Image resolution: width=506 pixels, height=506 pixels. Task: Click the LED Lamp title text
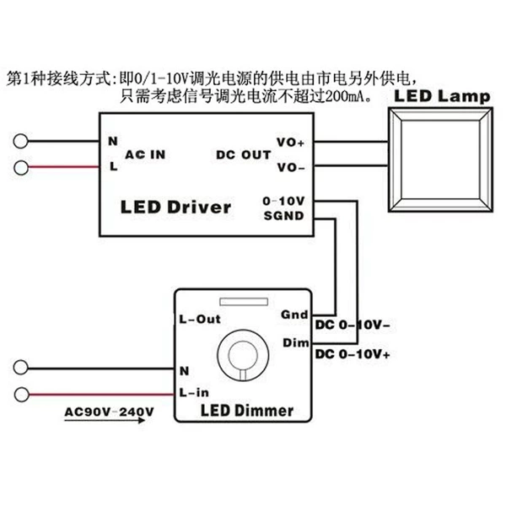coord(442,96)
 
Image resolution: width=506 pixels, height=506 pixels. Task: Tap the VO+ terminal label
coord(290,142)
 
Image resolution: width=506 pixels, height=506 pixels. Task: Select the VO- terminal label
coord(291,168)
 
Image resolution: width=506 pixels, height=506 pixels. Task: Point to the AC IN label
coord(145,154)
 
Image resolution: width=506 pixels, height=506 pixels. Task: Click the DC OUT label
coord(244,155)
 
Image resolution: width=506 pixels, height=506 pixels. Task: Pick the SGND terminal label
coord(283,216)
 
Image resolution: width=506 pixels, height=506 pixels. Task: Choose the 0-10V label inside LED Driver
coord(283,201)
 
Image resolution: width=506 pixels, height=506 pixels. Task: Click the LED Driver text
coord(176,207)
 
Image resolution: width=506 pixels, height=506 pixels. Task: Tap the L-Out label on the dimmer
coord(200,319)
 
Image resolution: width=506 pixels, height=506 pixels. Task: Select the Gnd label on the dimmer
coord(294,315)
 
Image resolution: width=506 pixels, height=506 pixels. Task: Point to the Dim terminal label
coord(296,342)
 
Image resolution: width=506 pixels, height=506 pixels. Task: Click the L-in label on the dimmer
coord(194,392)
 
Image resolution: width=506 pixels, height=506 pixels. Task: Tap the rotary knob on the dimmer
coord(243,355)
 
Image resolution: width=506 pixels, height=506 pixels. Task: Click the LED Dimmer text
coord(247,411)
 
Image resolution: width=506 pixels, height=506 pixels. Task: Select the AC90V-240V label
coord(109,412)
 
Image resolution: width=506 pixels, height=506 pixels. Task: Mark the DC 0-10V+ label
coord(353,354)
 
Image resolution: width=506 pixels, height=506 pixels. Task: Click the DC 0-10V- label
coord(353,325)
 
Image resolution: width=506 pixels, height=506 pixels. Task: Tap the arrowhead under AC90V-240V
coord(142,420)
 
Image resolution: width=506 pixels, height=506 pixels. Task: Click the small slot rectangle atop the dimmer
coord(244,302)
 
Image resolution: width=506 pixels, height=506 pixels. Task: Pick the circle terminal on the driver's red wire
coord(21,168)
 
